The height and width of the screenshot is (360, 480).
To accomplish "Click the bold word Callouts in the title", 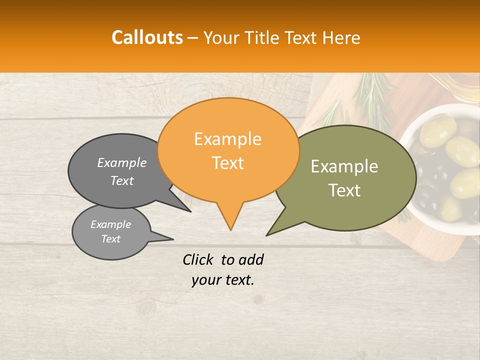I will tap(147, 37).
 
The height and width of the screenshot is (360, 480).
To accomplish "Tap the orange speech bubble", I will tap(228, 150).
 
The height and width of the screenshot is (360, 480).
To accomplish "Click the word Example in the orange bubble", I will tap(228, 139).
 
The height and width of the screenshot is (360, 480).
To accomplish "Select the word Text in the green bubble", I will tap(344, 190).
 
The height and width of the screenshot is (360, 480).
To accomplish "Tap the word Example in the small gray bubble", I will tap(111, 224).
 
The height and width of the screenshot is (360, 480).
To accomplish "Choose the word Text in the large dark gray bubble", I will tap(122, 181).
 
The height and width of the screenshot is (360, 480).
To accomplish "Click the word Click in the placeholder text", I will tap(199, 259).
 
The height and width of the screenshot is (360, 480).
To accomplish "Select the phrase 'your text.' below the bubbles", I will tap(223, 280).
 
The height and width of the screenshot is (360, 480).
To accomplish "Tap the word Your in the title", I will tap(221, 37).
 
